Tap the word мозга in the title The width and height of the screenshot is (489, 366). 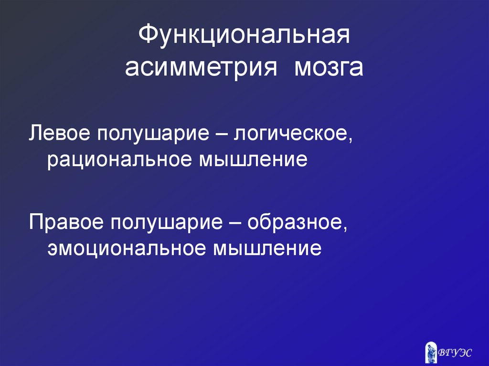[328, 68]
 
